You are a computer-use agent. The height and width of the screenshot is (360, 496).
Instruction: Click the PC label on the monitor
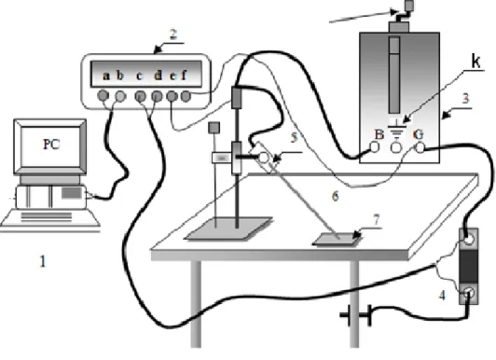(x=51, y=145)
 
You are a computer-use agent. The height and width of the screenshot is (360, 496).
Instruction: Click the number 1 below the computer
(x=42, y=262)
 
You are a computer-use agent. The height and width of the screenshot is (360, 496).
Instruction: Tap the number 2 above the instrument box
(x=173, y=35)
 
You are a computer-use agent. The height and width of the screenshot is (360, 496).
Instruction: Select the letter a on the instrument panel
(x=106, y=76)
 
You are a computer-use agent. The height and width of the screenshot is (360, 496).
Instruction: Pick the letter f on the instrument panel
(x=184, y=75)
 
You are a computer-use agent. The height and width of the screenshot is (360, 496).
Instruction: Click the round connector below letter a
(x=103, y=95)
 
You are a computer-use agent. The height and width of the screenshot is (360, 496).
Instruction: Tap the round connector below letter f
(x=186, y=96)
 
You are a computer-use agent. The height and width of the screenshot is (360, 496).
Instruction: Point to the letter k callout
(x=476, y=61)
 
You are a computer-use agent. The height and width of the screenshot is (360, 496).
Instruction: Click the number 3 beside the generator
(x=465, y=99)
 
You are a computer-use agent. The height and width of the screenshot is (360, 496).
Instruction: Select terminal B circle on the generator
(x=375, y=147)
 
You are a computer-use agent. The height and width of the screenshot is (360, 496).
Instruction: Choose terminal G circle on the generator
(x=420, y=147)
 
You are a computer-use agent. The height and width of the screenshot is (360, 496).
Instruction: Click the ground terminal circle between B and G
(x=396, y=147)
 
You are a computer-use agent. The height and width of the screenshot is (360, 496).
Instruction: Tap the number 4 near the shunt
(x=442, y=296)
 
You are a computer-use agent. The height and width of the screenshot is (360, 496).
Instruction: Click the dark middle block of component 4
(x=468, y=267)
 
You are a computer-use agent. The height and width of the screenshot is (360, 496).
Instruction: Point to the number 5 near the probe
(x=295, y=137)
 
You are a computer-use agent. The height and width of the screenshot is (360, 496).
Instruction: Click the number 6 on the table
(x=336, y=196)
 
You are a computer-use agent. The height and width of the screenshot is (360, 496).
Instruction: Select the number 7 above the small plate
(x=376, y=219)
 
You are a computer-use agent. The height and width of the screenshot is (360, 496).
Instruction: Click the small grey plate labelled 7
(x=338, y=239)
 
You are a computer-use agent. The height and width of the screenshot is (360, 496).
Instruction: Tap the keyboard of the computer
(x=50, y=217)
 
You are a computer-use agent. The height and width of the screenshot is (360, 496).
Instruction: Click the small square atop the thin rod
(x=214, y=128)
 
